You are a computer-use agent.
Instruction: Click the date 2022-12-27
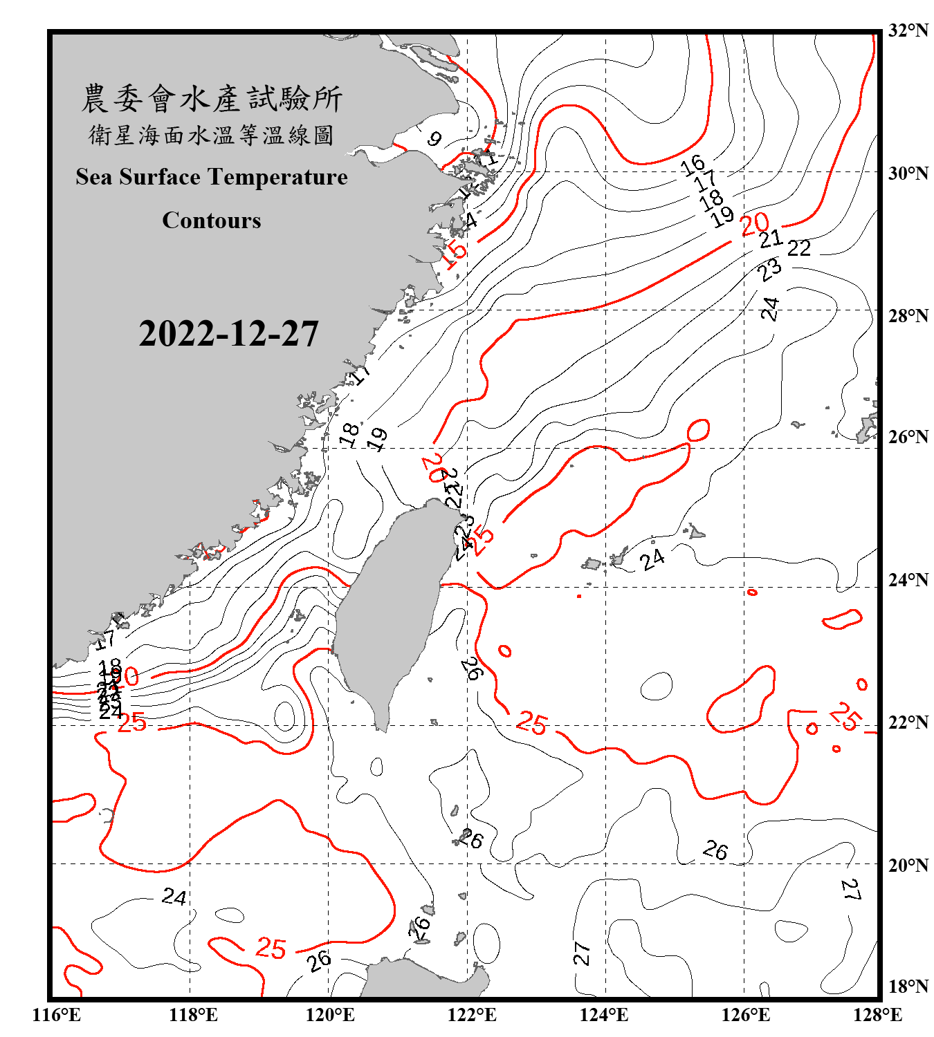coord(228,334)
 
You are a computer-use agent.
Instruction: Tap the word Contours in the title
coord(212,221)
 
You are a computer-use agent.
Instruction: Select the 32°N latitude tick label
coord(908,30)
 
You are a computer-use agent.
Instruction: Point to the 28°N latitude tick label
coord(908,316)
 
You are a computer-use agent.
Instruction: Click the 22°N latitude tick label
coord(908,722)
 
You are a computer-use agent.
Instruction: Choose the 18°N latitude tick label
coord(908,987)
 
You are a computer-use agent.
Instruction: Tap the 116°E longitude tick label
coord(57,1015)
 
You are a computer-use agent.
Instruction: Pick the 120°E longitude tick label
coord(330,1015)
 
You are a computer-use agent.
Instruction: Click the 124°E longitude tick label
coord(604,1015)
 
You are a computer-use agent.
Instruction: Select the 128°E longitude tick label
coord(877,1015)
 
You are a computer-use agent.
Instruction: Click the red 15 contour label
coord(455,254)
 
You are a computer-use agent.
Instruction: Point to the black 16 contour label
coord(692,165)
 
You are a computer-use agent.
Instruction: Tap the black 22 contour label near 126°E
coord(798,248)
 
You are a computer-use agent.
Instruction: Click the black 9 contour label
coord(434,139)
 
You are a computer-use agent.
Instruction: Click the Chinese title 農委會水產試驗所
coord(212,99)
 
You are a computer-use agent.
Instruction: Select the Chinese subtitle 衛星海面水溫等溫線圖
coord(212,135)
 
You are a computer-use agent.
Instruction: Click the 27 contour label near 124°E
coord(582,953)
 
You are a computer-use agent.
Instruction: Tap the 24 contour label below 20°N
coord(174,897)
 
